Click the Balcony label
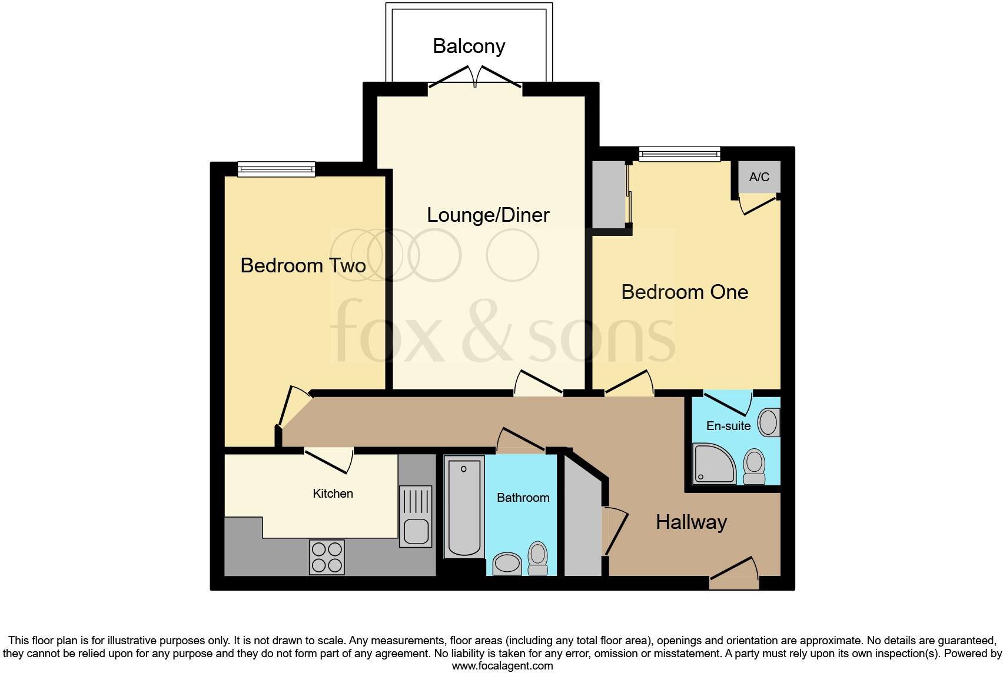(469, 46)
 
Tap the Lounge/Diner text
(488, 215)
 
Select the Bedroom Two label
(303, 265)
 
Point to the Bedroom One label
(685, 292)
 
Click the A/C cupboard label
(759, 177)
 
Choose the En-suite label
(728, 426)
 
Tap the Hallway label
(691, 522)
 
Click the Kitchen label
(333, 494)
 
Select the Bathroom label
(523, 498)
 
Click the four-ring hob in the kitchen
(327, 557)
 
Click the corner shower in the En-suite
(714, 464)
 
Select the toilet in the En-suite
(754, 466)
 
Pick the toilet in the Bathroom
(537, 558)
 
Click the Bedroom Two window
(276, 169)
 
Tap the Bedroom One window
(679, 154)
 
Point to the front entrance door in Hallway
(734, 574)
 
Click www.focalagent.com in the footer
(502, 666)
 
